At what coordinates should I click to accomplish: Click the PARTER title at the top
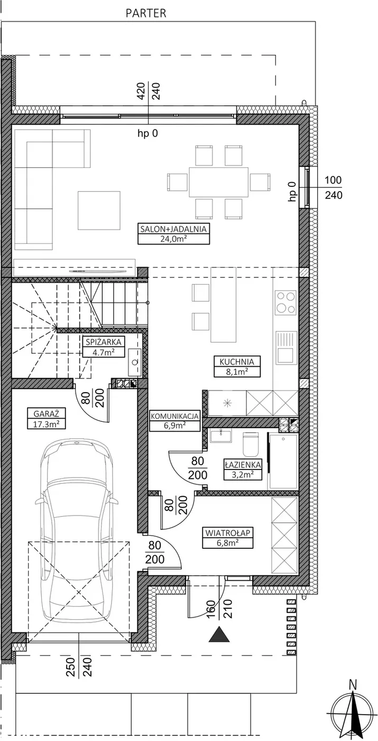[146, 13]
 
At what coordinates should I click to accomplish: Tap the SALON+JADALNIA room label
[173, 229]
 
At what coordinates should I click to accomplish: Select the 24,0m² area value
[173, 239]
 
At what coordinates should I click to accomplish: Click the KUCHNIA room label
[237, 362]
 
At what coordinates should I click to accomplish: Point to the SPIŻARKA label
[104, 342]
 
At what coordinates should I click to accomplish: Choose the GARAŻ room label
[46, 413]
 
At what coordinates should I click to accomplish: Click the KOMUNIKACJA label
[175, 416]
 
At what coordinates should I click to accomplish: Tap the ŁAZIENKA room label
[243, 465]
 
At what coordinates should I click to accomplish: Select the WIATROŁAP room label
[228, 533]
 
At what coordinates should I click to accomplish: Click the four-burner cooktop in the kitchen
[286, 302]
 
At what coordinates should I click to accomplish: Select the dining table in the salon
[218, 182]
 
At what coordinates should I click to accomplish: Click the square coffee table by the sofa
[99, 211]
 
